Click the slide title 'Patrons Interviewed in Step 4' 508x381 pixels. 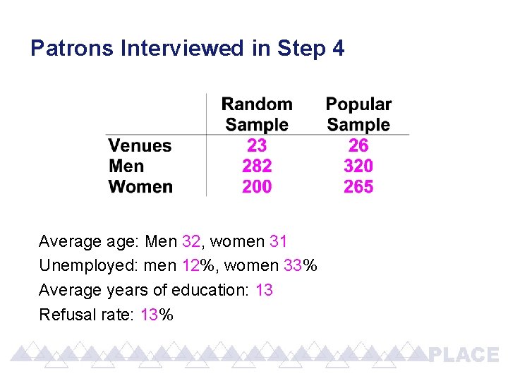click(188, 49)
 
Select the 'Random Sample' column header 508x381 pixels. click(257, 114)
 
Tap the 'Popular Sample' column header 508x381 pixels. click(358, 114)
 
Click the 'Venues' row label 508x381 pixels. click(140, 146)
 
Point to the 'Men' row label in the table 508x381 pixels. click(126, 167)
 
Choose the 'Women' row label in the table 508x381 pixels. click(140, 187)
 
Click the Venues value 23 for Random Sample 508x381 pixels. click(257, 146)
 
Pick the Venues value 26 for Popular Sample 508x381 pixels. click(358, 146)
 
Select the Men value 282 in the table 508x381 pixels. click(257, 167)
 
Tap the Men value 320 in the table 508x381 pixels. click(358, 167)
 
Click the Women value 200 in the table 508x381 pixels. click(257, 187)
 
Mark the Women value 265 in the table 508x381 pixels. click(358, 187)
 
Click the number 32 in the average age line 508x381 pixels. click(190, 242)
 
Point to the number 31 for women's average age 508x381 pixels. click(279, 242)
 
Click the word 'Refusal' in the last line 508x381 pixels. click(64, 315)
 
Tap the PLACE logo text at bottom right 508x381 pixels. click(464, 355)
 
